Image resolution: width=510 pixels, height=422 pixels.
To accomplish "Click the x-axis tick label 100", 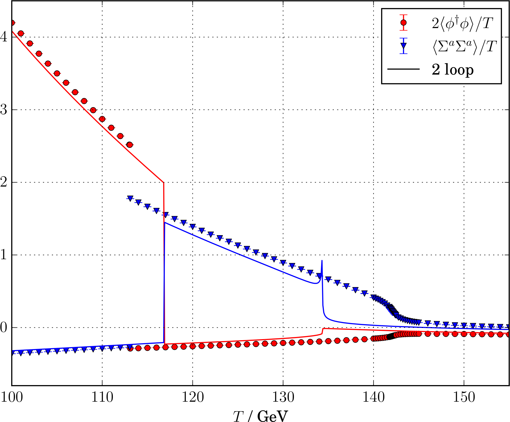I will tap(11, 397).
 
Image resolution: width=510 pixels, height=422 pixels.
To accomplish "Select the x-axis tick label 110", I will tap(102, 397).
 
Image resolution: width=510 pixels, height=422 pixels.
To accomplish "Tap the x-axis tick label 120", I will tap(193, 397).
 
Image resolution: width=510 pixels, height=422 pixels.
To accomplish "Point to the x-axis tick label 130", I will tap(283, 397).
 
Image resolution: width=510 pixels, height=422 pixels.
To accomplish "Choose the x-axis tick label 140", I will tap(373, 397).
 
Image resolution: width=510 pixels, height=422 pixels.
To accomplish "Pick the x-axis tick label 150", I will tap(464, 397).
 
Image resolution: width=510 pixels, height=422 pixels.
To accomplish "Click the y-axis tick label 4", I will tap(4, 37).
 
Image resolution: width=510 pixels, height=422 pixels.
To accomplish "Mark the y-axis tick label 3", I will tap(4, 110).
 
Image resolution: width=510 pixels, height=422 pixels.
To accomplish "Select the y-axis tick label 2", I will tap(4, 182).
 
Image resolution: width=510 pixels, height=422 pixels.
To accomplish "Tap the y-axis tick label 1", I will tap(4, 255).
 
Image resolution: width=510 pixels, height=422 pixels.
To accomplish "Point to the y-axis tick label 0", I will tap(4, 328).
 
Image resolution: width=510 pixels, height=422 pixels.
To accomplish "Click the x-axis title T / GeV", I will tap(260, 416).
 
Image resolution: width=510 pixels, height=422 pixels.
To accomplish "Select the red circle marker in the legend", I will tap(404, 23).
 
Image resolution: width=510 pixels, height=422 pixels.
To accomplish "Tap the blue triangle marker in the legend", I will tap(404, 46).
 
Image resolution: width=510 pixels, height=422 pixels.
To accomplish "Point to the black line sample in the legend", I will tap(404, 69).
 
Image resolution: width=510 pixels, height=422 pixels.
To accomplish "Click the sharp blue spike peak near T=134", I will tap(322, 261).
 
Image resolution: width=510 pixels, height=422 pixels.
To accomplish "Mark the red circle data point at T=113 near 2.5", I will tap(130, 145).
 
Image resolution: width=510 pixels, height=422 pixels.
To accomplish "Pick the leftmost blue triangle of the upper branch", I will tap(130, 198).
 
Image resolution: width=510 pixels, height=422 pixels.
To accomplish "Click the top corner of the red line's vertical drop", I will tap(163, 182).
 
